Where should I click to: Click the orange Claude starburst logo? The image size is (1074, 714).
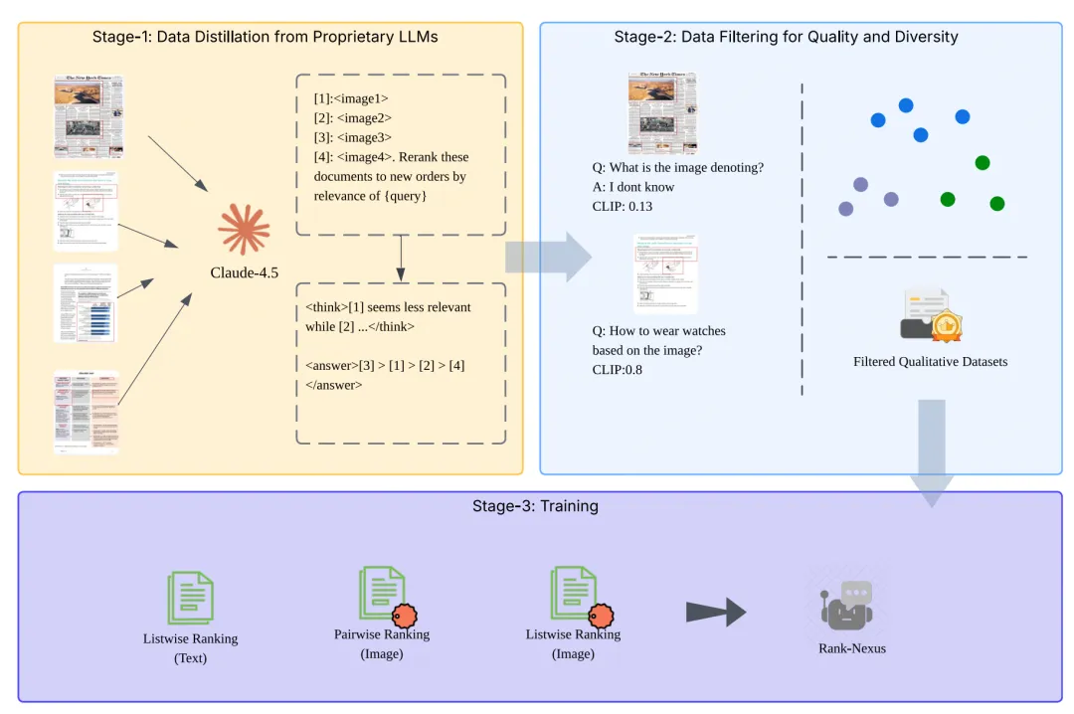(244, 230)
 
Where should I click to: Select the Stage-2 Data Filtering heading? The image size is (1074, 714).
(786, 37)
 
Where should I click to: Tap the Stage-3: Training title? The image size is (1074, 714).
(535, 506)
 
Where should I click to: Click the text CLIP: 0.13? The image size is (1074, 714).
(623, 206)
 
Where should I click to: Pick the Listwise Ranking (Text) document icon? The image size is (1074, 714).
(190, 598)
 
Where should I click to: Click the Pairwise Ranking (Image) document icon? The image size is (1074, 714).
(381, 595)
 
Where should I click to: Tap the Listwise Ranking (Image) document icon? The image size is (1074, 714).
(573, 595)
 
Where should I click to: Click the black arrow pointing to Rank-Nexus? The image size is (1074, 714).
(716, 613)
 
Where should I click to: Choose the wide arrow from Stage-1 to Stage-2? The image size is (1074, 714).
(548, 258)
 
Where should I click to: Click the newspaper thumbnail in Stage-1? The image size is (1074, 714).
(89, 116)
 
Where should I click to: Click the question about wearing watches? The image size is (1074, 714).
(658, 340)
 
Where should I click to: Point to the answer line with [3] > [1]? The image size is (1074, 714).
(386, 365)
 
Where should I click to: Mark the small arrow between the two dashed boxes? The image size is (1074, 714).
(400, 258)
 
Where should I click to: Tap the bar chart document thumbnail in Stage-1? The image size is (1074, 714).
(86, 302)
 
